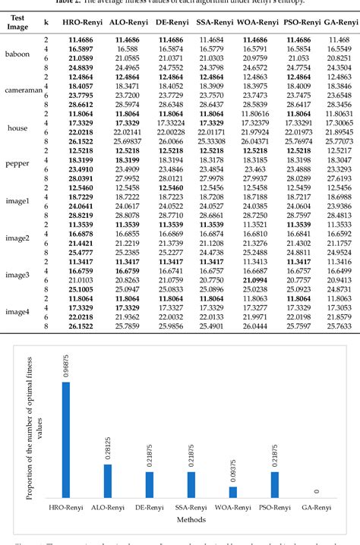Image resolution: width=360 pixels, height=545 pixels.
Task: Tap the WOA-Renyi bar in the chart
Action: click(x=232, y=491)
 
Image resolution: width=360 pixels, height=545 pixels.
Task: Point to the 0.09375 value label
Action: click(x=232, y=469)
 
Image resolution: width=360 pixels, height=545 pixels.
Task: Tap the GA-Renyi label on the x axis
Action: click(x=315, y=508)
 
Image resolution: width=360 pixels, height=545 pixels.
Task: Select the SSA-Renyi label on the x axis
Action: click(x=191, y=508)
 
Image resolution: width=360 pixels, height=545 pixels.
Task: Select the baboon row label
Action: click(x=17, y=54)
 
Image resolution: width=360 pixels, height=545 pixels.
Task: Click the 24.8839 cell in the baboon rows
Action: click(x=81, y=68)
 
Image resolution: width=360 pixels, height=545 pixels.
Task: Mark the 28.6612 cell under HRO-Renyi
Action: click(x=81, y=105)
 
